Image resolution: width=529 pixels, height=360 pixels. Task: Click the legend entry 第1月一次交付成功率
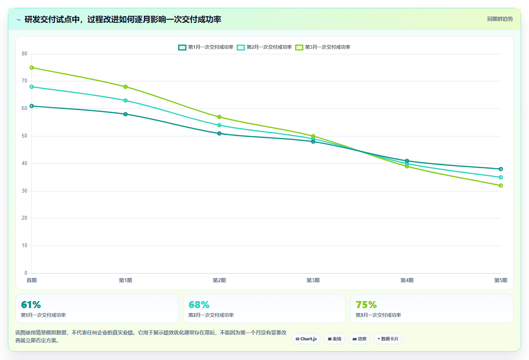pos(206,47)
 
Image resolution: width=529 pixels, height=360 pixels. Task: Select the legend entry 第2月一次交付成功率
pos(264,47)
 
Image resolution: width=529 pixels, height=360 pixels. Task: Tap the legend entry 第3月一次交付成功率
pos(323,47)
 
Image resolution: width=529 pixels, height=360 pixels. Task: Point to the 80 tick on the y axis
pos(24,54)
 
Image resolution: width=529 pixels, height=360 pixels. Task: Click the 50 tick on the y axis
pos(24,136)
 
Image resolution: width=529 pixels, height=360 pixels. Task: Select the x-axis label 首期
pos(31,280)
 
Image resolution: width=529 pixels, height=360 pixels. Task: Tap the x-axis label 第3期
pos(313,280)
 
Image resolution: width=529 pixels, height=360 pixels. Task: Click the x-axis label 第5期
pos(501,280)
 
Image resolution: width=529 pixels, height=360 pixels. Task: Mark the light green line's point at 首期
pos(31,68)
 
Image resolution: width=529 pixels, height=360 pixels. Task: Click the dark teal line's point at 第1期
pos(125,114)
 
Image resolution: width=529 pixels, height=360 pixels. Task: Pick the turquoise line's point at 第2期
pos(219,125)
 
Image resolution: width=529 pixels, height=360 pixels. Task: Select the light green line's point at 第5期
pos(501,186)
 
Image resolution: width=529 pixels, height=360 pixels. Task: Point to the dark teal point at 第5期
pos(501,169)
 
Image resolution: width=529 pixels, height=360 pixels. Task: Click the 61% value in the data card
pos(31,305)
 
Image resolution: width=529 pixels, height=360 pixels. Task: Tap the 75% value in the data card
pos(366,305)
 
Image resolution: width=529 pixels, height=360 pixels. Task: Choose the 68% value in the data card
pos(199,305)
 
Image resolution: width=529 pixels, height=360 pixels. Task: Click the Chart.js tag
pos(306,339)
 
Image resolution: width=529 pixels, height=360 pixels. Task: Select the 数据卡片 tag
pos(388,339)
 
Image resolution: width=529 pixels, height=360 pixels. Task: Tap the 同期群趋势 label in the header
pos(500,19)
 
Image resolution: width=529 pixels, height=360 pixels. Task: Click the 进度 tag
pos(359,339)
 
